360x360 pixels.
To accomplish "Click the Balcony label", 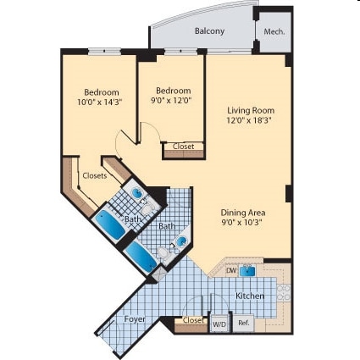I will coord(209,31).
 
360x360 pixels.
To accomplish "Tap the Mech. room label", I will coord(274,32).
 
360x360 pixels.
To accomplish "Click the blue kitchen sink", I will coord(247,270).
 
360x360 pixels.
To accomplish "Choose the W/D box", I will coord(219,324).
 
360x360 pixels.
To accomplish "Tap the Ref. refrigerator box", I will coord(242,323).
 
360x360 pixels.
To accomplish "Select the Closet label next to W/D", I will coord(193,321).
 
